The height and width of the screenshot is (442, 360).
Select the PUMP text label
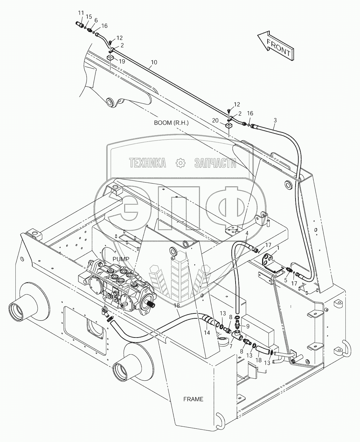pos(121,259)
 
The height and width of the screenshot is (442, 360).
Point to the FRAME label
pos(193,399)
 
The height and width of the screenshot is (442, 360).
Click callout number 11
pos(81,13)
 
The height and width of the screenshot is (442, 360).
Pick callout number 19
pos(121,61)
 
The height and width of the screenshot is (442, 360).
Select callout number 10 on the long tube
pos(154,62)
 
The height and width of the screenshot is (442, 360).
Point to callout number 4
pos(247,233)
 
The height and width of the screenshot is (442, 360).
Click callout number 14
pos(207,332)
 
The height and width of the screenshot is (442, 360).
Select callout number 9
pos(248,326)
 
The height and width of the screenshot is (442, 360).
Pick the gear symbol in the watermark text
pos(180,163)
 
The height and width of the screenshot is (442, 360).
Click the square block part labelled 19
pos(110,57)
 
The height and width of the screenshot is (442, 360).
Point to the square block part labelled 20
pos(228,125)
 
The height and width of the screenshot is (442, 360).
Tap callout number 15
pos(89,16)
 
